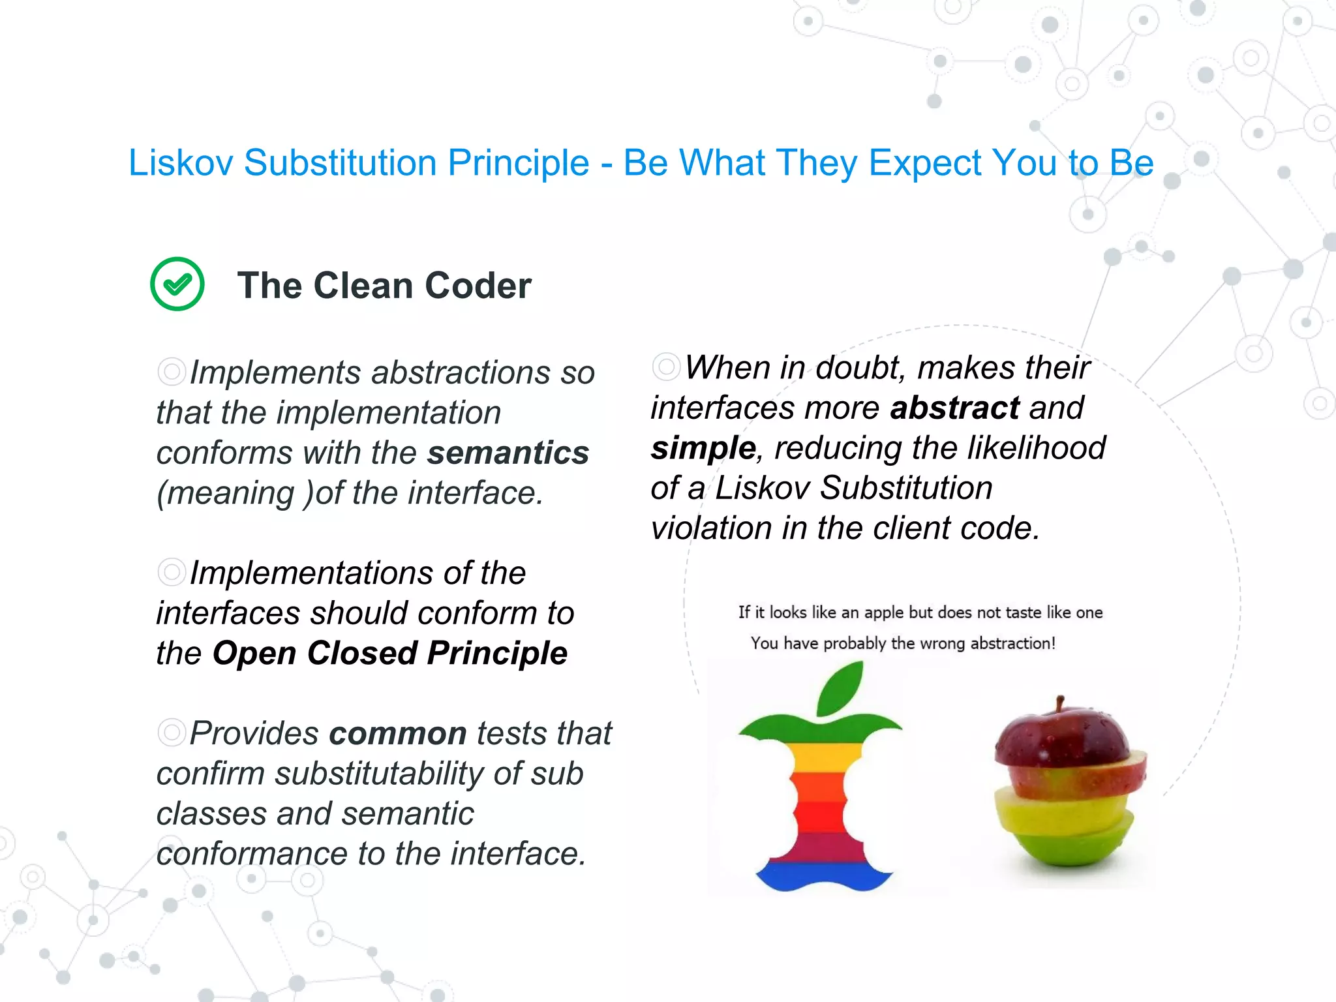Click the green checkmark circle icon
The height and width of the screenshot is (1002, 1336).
177,284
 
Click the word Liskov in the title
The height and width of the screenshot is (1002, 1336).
180,162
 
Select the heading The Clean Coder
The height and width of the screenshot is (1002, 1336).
384,285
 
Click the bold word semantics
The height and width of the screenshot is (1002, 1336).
508,453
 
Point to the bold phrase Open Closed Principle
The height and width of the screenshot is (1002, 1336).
389,653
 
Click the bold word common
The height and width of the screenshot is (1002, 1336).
397,733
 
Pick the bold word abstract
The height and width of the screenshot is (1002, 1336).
954,408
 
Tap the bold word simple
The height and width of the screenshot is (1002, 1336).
703,448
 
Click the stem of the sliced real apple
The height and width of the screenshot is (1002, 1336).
1061,703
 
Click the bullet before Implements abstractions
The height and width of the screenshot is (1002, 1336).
172,372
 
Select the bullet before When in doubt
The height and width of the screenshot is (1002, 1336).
666,367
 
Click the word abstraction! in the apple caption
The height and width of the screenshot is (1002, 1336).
1012,643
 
